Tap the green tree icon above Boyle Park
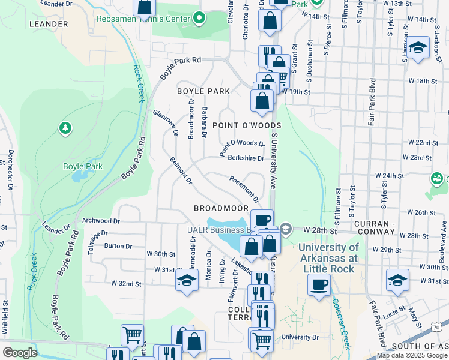tap(65, 128)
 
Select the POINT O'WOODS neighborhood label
tap(247, 125)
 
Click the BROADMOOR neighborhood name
tap(221, 208)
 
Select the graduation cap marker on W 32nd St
tap(187, 280)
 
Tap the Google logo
tap(20, 353)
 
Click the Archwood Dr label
tap(97, 220)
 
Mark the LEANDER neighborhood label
tap(48, 24)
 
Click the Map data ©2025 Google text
tap(412, 355)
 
